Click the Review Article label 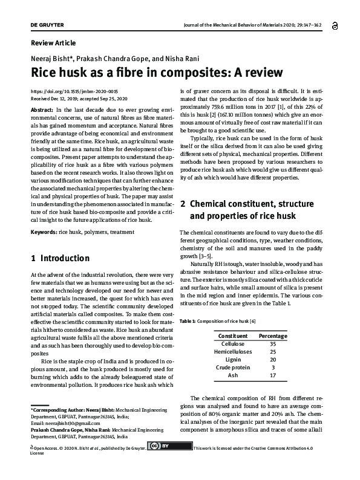(x=53, y=43)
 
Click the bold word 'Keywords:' (x=44, y=232)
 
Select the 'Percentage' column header (x=273, y=336)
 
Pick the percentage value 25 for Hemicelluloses (x=273, y=351)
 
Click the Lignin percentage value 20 (x=273, y=359)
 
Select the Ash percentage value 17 (x=273, y=375)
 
